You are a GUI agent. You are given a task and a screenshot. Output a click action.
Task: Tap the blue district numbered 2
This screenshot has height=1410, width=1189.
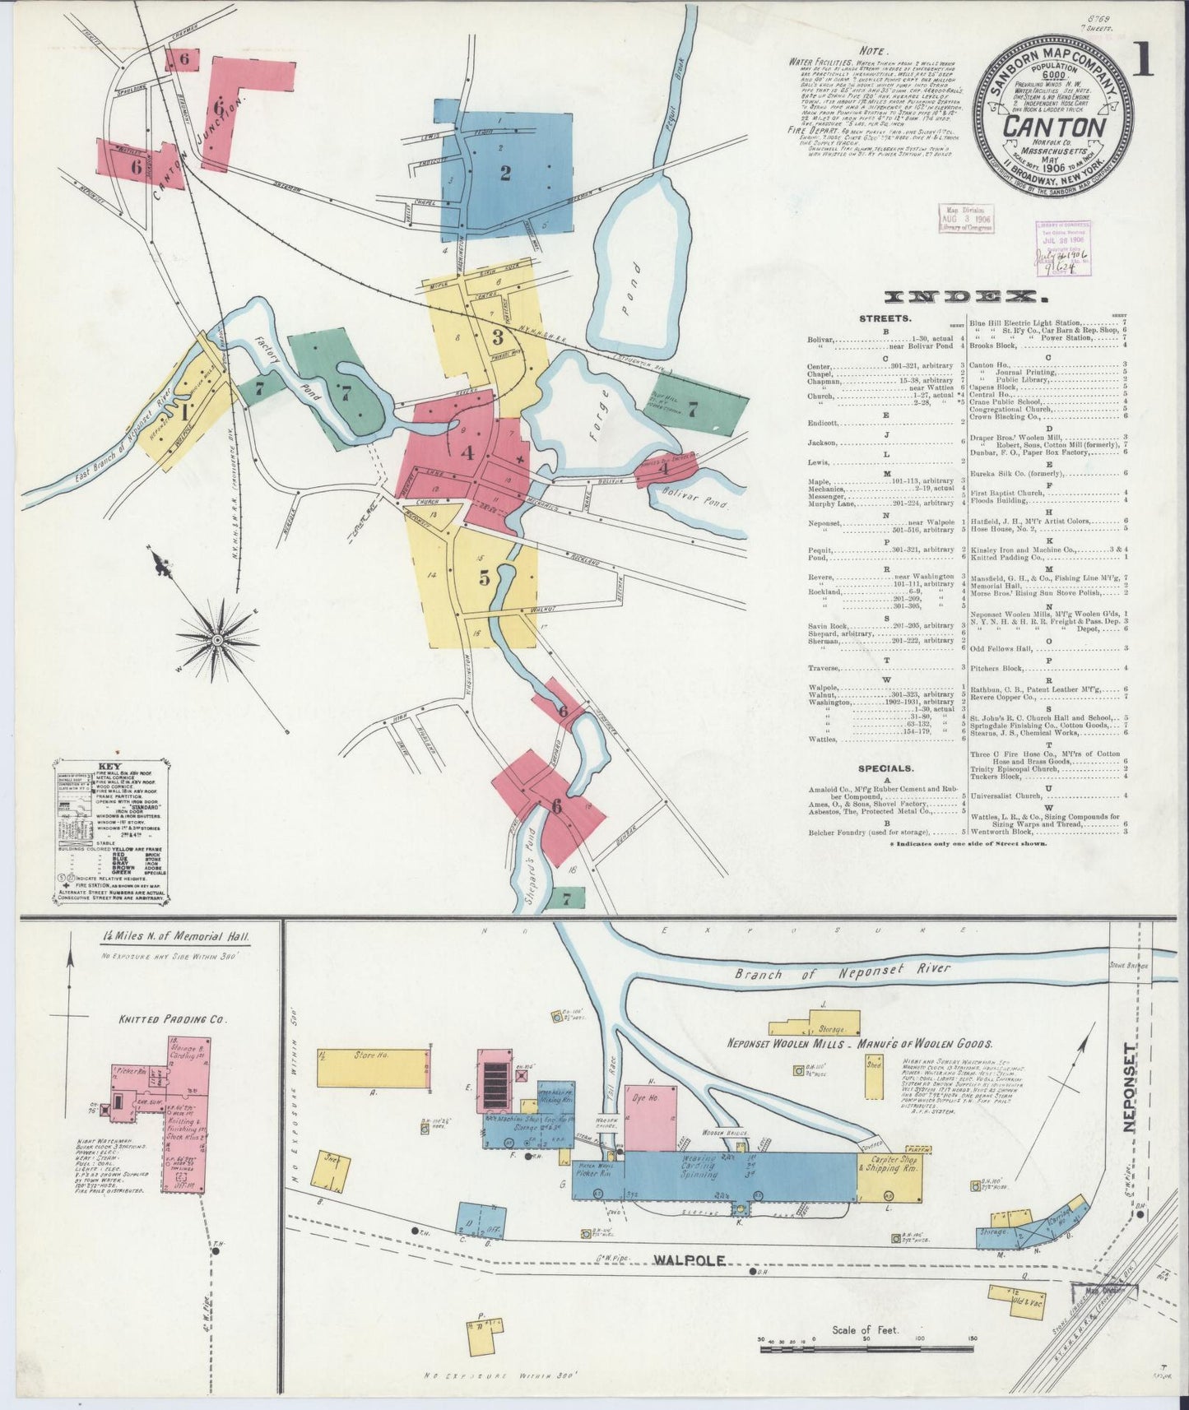pos(504,173)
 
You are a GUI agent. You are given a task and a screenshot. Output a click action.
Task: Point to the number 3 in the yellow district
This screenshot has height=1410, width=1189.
pos(497,336)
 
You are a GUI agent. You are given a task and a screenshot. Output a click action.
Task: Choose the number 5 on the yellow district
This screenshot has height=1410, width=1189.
pos(485,577)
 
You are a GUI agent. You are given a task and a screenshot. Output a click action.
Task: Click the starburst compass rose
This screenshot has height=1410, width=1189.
pos(217,639)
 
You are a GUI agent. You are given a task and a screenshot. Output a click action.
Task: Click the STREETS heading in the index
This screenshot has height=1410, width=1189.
pos(885,318)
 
